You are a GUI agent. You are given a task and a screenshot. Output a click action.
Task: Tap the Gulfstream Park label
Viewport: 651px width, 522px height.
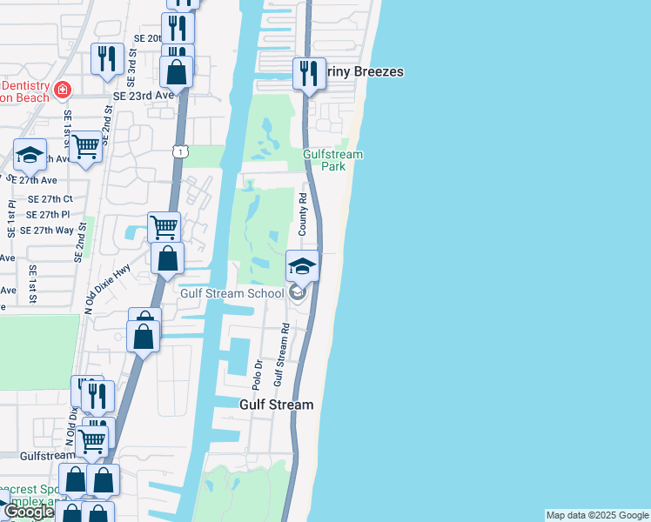click(332, 160)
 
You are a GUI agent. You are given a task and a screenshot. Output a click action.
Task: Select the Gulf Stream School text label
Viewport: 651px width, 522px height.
click(232, 293)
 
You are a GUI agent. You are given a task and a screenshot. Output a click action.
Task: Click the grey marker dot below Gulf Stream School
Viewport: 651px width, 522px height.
click(298, 293)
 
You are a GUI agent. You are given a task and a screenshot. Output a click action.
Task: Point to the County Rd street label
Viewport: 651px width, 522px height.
click(304, 217)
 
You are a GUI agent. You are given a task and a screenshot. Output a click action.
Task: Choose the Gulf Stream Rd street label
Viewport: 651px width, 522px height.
click(281, 355)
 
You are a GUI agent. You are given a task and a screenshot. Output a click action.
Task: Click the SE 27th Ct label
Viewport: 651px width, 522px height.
click(49, 198)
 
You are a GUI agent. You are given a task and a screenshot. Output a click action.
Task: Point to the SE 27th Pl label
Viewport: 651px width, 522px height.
click(48, 214)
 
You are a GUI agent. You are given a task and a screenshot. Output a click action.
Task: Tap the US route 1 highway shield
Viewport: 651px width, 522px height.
click(178, 152)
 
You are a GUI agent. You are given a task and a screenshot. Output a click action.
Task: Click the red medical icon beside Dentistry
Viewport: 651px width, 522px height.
click(62, 90)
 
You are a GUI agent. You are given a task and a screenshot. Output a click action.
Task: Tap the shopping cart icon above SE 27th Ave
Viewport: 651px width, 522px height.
click(85, 146)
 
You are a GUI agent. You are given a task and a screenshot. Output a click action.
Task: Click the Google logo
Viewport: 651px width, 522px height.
click(29, 512)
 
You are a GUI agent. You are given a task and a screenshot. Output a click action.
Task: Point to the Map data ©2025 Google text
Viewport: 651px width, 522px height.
click(597, 515)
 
